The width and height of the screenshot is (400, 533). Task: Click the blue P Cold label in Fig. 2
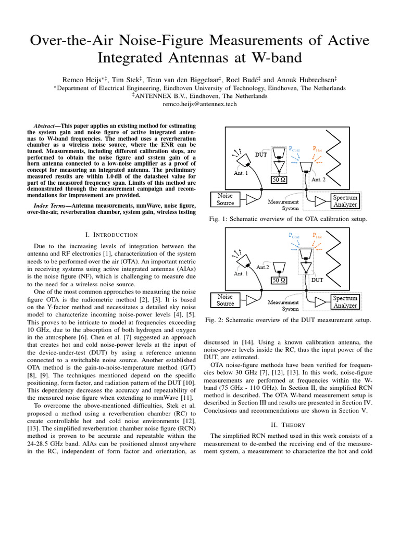(x=294, y=236)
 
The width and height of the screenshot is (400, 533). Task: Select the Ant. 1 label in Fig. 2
(x=240, y=274)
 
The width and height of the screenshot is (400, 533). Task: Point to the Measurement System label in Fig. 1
(x=283, y=205)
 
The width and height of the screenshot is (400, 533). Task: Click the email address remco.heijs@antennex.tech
(x=199, y=104)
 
